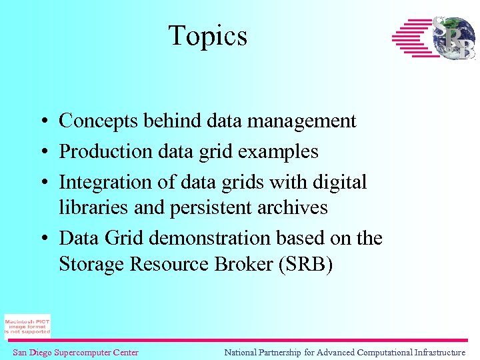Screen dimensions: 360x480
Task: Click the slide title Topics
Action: (x=207, y=36)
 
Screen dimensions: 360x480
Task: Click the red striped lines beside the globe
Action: (x=411, y=38)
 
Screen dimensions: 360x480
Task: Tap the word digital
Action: (x=338, y=181)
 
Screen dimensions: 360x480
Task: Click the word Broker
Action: (x=235, y=264)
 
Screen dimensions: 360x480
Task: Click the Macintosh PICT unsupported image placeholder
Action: (x=27, y=326)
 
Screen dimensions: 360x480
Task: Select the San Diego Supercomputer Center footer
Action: (x=75, y=353)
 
